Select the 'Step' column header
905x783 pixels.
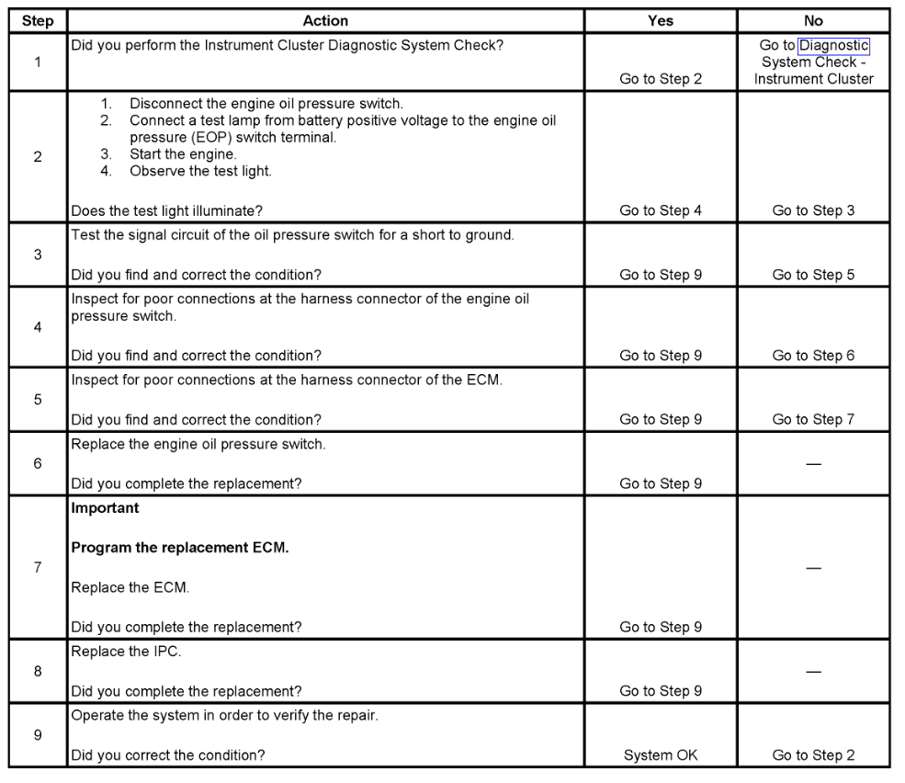pos(38,21)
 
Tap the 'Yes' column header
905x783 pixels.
pos(661,21)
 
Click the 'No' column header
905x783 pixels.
pos(813,21)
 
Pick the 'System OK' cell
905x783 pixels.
pos(661,755)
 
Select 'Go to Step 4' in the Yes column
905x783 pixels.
pos(661,210)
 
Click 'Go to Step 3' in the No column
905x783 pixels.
pos(813,210)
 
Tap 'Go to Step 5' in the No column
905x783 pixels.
pos(813,274)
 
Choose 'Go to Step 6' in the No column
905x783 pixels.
pos(813,357)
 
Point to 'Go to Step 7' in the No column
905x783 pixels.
pos(813,420)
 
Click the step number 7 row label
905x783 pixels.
pos(38,568)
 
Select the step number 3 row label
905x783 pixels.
pos(38,254)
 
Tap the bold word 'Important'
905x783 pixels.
pos(104,506)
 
